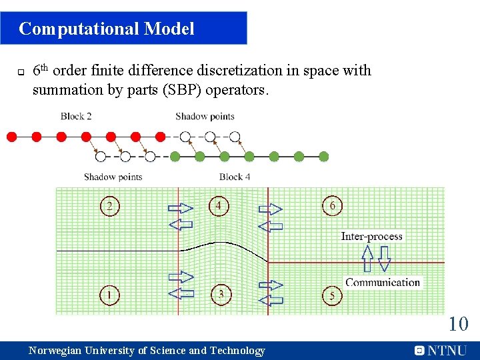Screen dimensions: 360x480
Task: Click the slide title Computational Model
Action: point(107,29)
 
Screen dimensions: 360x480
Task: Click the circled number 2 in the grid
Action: point(110,206)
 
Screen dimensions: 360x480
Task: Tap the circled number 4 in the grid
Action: point(218,206)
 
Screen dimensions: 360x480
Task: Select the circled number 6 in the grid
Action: point(332,206)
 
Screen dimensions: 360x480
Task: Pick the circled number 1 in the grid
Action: point(110,294)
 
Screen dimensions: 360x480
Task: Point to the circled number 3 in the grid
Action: point(221,294)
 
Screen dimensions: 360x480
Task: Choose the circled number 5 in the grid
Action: point(332,295)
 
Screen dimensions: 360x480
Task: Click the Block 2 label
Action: point(76,116)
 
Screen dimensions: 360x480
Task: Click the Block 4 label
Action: point(235,177)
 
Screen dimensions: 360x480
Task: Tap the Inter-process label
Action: point(371,236)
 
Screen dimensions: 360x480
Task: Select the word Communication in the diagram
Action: point(382,282)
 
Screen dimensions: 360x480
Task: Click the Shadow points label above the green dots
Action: point(205,116)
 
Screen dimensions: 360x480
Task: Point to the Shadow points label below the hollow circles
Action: point(113,177)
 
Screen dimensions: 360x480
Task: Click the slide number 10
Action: point(458,325)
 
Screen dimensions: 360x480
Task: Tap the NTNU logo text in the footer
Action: point(447,350)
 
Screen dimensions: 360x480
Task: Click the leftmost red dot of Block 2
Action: point(11,137)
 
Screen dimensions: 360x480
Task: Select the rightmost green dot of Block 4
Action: point(323,157)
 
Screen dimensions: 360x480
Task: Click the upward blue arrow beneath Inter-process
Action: point(367,258)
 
